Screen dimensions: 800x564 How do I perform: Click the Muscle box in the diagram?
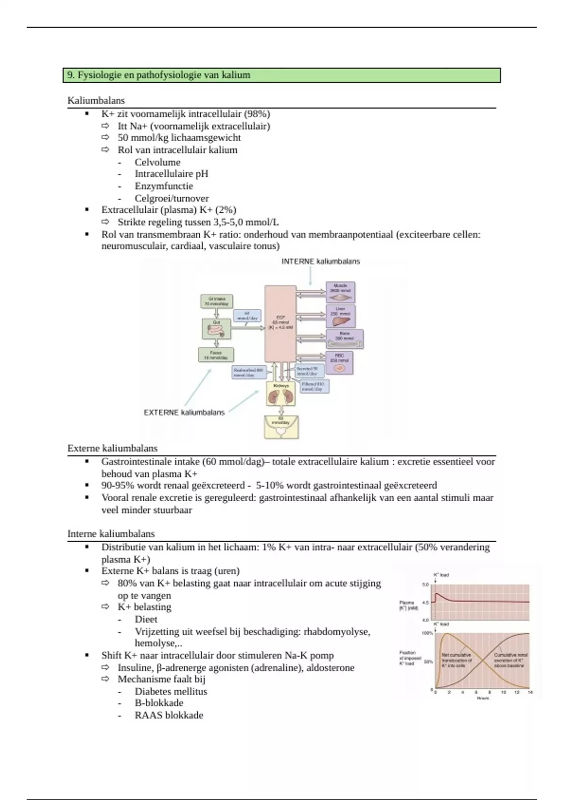pyautogui.click(x=340, y=292)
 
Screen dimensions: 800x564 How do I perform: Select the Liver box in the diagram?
pyautogui.click(x=340, y=316)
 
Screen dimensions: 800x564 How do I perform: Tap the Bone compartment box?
pyautogui.click(x=345, y=339)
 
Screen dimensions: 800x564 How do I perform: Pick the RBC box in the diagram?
pyautogui.click(x=339, y=363)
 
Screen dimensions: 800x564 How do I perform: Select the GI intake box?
pyautogui.click(x=216, y=301)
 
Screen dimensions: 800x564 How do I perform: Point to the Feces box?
pyautogui.click(x=216, y=355)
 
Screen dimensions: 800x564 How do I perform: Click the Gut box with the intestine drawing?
pyautogui.click(x=217, y=329)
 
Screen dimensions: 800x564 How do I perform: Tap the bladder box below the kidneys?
pyautogui.click(x=281, y=427)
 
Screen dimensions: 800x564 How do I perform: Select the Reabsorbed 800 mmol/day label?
pyautogui.click(x=249, y=373)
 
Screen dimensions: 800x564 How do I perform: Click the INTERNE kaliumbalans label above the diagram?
pyautogui.click(x=321, y=262)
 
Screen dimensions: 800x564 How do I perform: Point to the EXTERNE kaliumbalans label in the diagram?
pyautogui.click(x=184, y=413)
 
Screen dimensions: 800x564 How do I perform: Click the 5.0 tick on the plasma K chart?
pyautogui.click(x=426, y=584)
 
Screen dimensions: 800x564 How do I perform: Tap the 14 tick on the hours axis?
pyautogui.click(x=531, y=692)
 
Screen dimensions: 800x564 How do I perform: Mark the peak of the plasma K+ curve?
pyautogui.click(x=437, y=594)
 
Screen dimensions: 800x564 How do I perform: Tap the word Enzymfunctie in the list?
pyautogui.click(x=164, y=186)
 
